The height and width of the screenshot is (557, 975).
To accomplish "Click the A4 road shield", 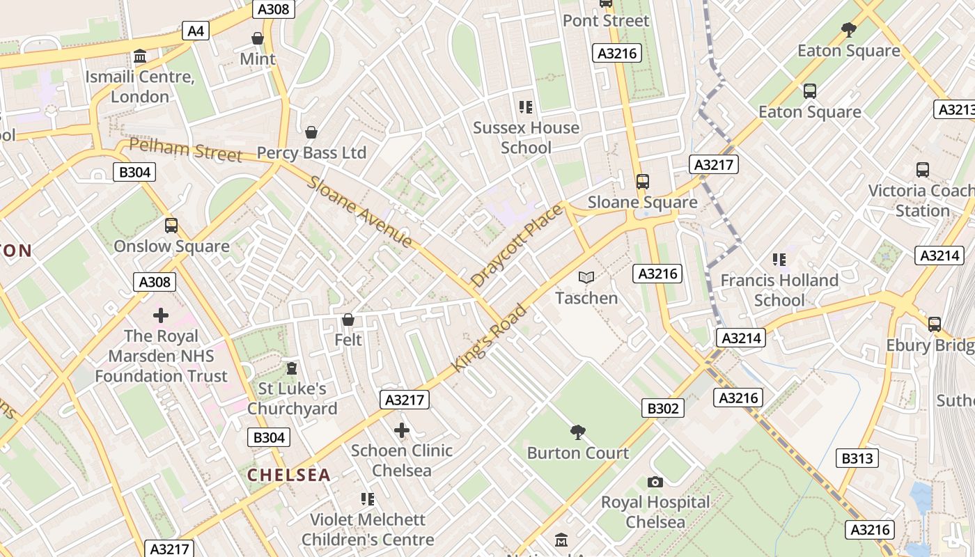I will pyautogui.click(x=196, y=31).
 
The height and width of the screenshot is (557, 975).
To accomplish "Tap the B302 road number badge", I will pyautogui.click(x=662, y=408).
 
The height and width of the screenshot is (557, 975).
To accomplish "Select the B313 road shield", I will pyautogui.click(x=857, y=458).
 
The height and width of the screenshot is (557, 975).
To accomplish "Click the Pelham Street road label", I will pyautogui.click(x=186, y=150).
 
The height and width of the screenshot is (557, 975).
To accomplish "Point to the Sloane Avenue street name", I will pyautogui.click(x=360, y=212).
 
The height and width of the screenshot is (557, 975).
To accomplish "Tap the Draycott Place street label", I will pyautogui.click(x=516, y=246).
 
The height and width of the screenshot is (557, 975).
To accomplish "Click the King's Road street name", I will pyautogui.click(x=490, y=337).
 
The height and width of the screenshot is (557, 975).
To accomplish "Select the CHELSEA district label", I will pyautogui.click(x=289, y=475).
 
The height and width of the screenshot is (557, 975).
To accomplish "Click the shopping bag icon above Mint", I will pyautogui.click(x=258, y=38).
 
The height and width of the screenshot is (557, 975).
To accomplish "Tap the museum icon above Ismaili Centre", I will pyautogui.click(x=140, y=56).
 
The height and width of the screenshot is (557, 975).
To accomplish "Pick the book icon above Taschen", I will pyautogui.click(x=586, y=278).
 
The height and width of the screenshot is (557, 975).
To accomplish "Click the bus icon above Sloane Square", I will pyautogui.click(x=642, y=182).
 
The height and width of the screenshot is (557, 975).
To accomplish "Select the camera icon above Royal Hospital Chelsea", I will pyautogui.click(x=655, y=482).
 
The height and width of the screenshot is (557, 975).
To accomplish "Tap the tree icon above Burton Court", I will pyautogui.click(x=577, y=432).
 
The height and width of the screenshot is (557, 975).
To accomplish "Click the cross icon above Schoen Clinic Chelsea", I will pyautogui.click(x=402, y=430).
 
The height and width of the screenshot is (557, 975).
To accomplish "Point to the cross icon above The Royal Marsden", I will pyautogui.click(x=161, y=315).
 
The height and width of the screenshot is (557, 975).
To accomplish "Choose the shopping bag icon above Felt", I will pyautogui.click(x=348, y=320).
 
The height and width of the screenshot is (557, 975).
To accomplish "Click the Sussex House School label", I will pyautogui.click(x=526, y=137).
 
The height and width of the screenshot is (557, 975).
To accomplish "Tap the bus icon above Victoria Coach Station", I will pyautogui.click(x=923, y=170).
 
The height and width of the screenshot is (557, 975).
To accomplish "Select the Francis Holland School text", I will pyautogui.click(x=779, y=290).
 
